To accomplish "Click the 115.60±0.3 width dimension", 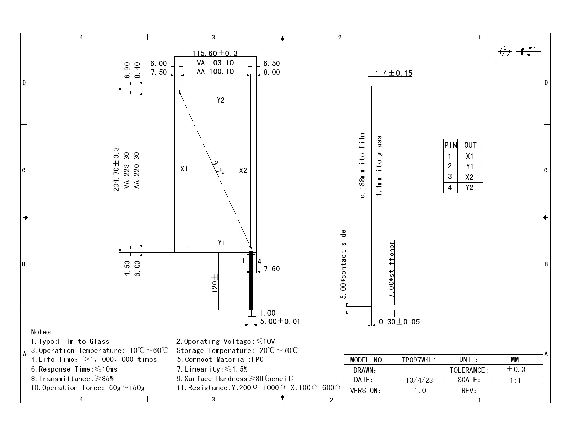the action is (215, 53).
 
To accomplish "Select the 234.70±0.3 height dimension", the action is (116, 169).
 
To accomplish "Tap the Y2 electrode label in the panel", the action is (221, 100).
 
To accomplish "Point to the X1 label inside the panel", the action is (184, 169).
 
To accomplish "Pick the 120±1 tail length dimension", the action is (215, 282).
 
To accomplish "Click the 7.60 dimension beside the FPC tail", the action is (272, 269).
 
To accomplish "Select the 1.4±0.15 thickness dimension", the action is (394, 73).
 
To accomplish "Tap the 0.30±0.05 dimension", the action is (399, 322).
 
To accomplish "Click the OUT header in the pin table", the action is (470, 145).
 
